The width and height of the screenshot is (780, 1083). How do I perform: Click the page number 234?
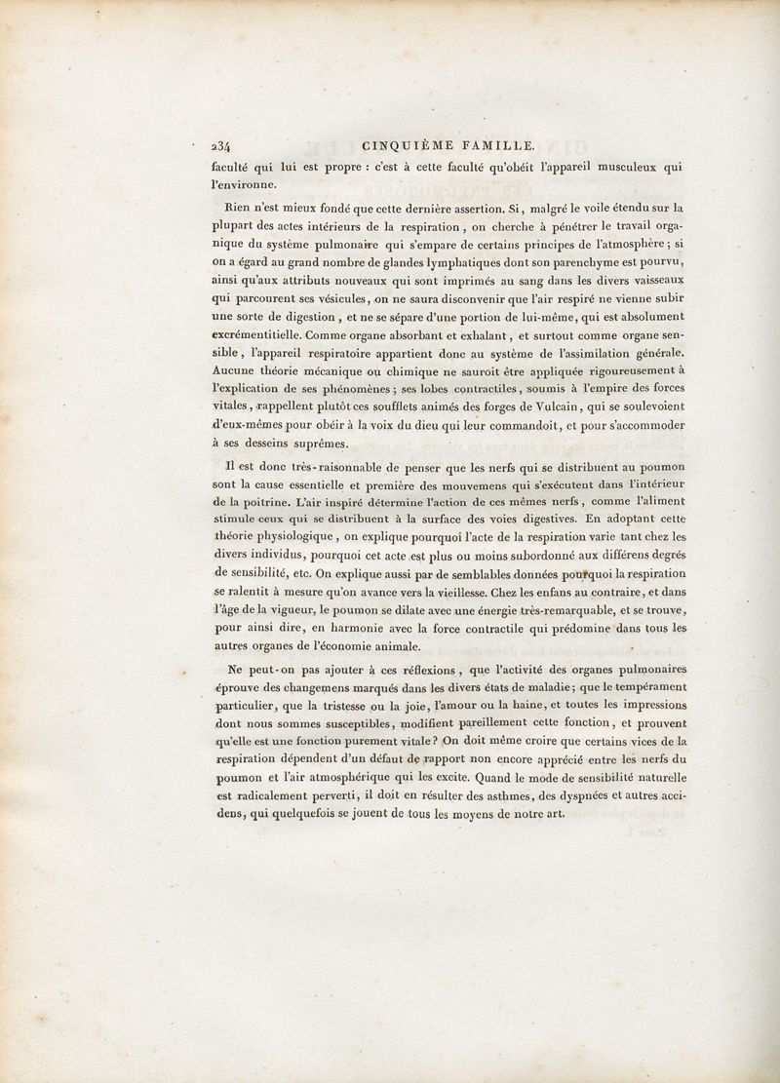tap(214, 147)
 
